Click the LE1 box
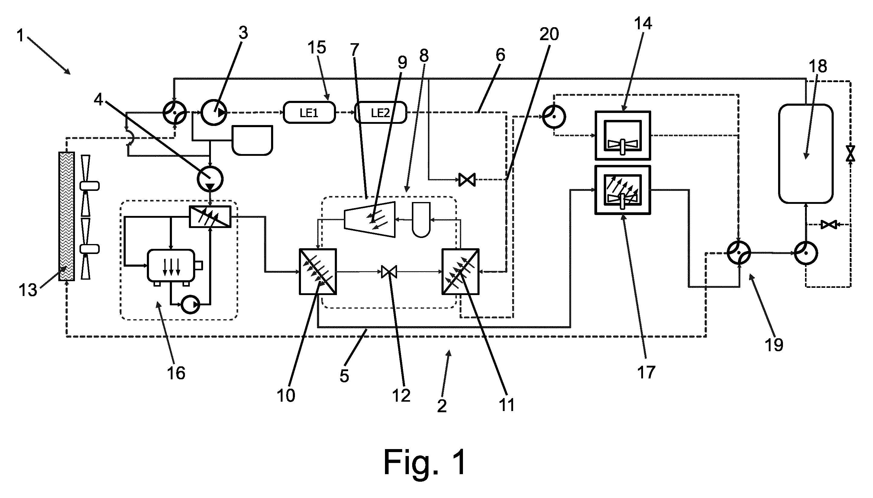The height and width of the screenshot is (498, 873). pos(309,112)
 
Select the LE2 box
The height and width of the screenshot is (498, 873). pos(380,112)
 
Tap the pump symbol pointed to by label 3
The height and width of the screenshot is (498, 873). pos(214,112)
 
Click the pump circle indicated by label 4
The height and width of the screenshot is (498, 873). pos(210,178)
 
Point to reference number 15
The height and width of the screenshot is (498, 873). pos(317,47)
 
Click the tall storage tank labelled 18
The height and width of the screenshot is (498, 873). pos(806,154)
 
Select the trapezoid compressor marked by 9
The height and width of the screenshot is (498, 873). pos(370,219)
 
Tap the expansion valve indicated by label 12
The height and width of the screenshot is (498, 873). pos(389,271)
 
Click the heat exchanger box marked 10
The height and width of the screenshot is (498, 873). pos(318,271)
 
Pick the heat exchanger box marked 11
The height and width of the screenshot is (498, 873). pos(461,271)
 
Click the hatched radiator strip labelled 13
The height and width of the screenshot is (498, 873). pos(66,216)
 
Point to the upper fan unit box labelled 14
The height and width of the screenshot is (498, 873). pos(622,135)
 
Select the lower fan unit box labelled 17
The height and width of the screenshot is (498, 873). pos(622,190)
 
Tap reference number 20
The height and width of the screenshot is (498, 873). pos(549,34)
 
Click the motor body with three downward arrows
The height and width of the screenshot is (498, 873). pos(171,265)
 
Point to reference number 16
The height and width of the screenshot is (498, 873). pos(176,373)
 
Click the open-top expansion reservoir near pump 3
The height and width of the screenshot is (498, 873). pos(252,140)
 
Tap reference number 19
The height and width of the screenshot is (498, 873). pos(774,345)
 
